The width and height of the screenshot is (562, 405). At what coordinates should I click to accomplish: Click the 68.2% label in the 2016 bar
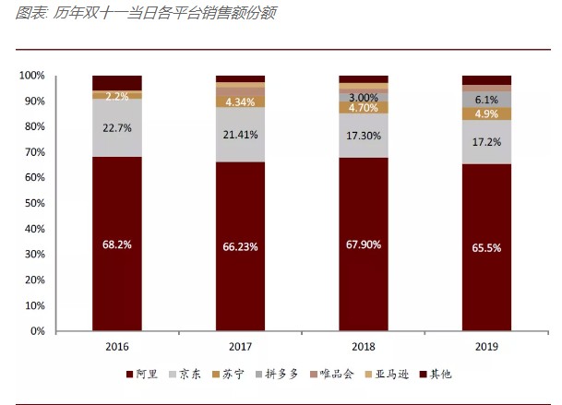click(x=116, y=245)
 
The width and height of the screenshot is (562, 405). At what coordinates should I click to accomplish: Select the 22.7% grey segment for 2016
click(x=116, y=129)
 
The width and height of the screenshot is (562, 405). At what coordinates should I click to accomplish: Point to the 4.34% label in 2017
click(x=240, y=101)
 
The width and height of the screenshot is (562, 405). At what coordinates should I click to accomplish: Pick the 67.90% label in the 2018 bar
click(x=363, y=244)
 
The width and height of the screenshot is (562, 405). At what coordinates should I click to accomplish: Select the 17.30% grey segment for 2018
click(x=363, y=135)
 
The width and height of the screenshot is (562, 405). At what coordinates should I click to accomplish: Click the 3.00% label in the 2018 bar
click(x=363, y=97)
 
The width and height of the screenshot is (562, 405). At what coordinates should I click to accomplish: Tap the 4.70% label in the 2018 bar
click(x=363, y=107)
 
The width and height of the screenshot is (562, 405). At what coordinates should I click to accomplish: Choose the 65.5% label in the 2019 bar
click(x=486, y=247)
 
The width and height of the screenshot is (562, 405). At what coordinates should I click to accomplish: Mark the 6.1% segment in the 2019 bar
click(x=486, y=99)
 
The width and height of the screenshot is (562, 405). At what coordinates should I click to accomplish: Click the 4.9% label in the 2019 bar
click(x=486, y=113)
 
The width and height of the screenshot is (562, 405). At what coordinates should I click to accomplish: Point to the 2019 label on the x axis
click(x=486, y=347)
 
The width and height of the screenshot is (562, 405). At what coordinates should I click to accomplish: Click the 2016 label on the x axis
click(x=116, y=347)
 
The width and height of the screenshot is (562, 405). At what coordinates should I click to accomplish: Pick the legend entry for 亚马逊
click(x=382, y=374)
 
